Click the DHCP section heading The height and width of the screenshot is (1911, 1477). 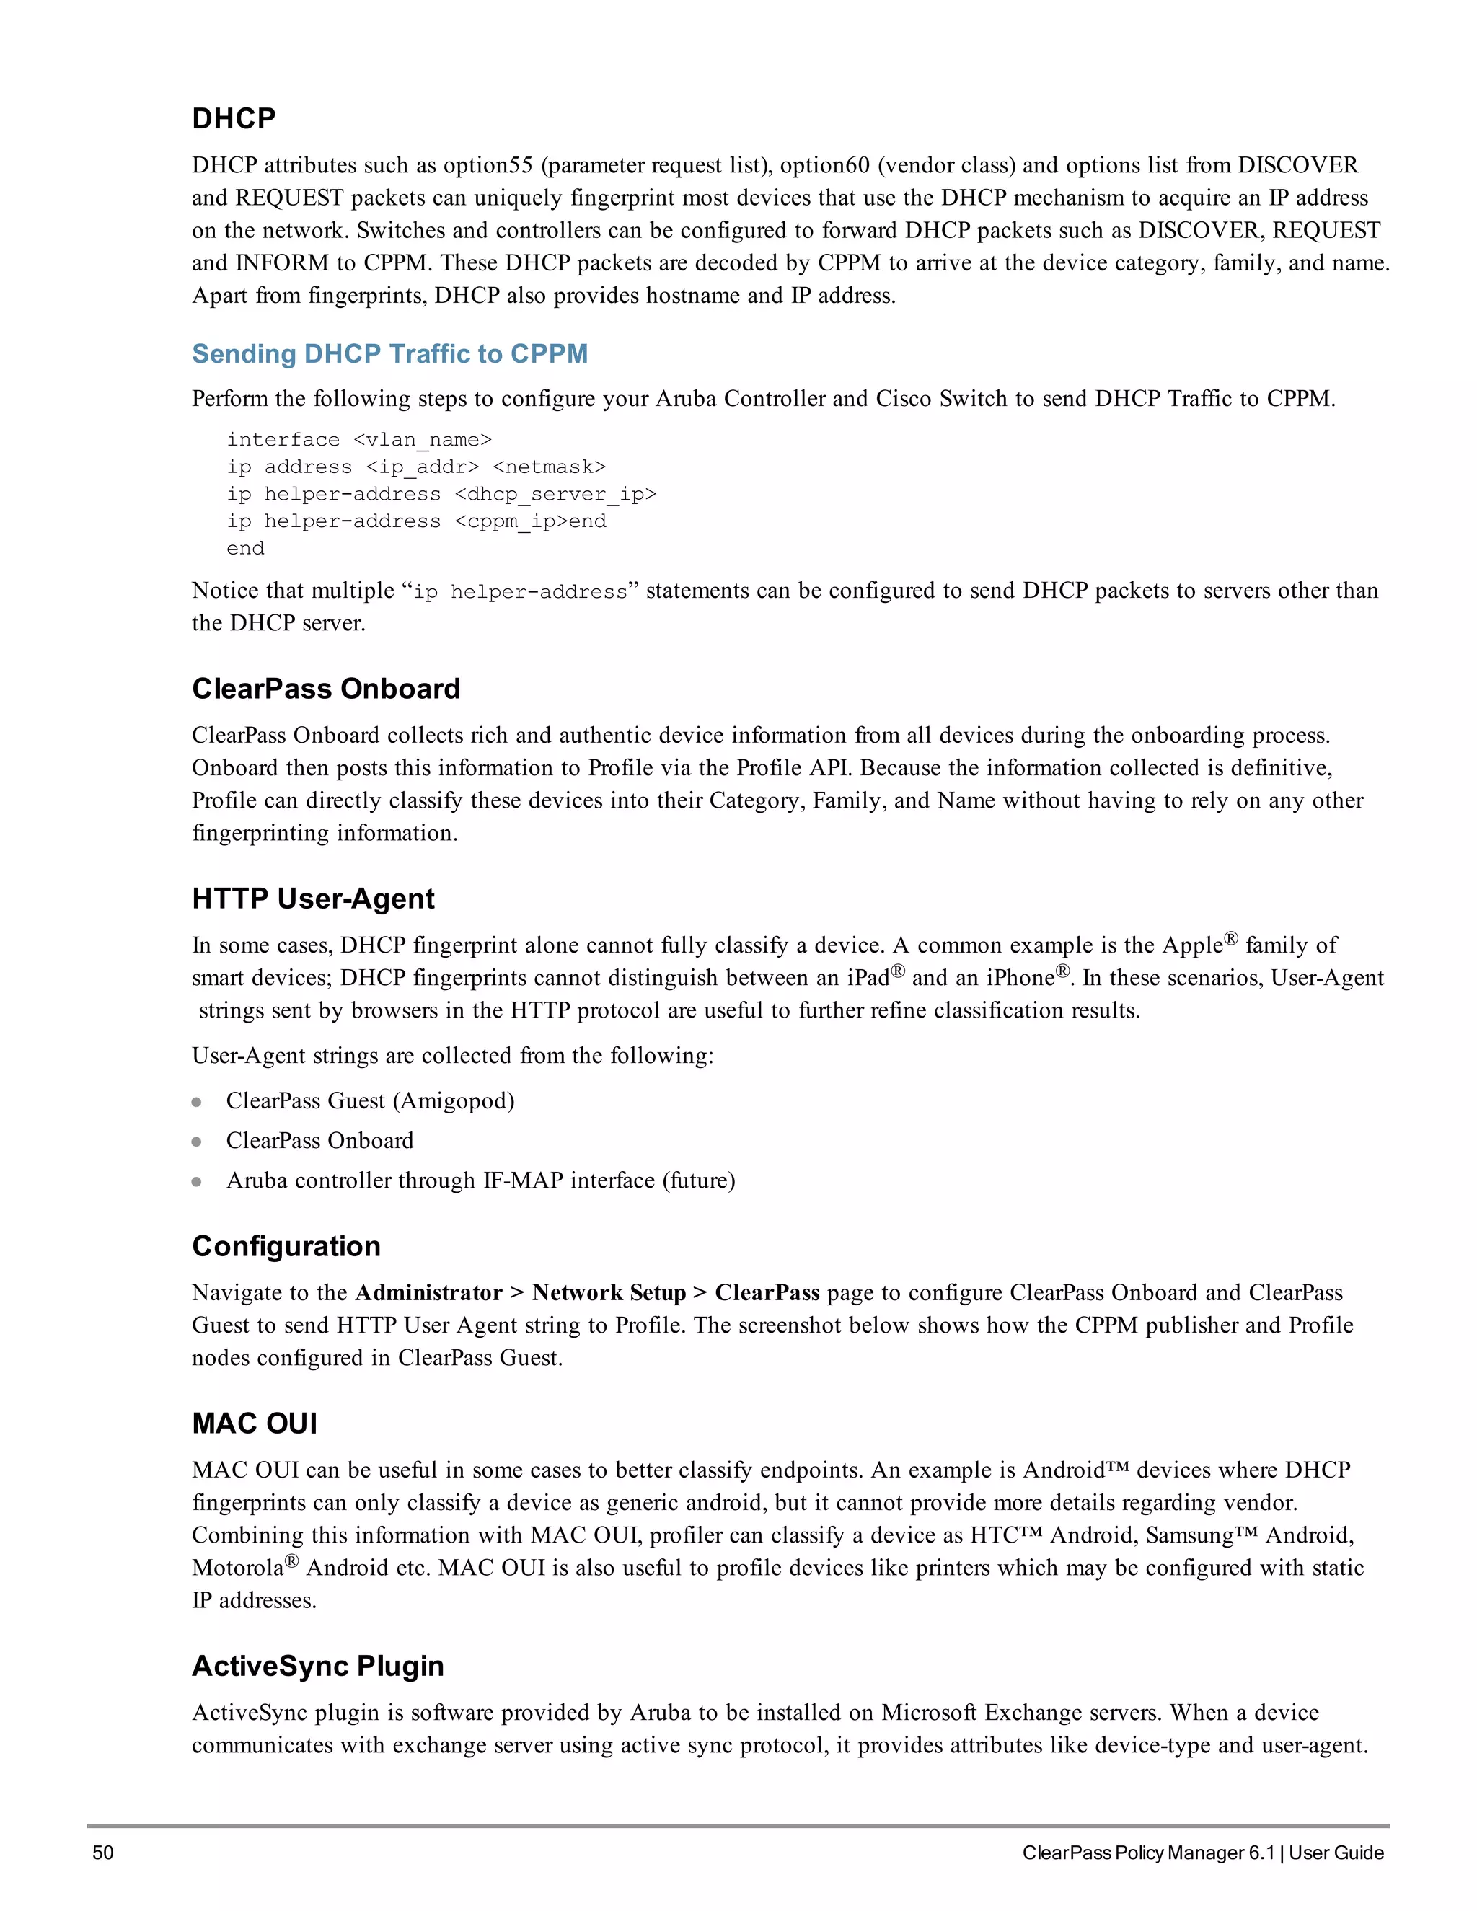coord(234,118)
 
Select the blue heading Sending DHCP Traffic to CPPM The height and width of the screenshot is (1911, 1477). coord(389,353)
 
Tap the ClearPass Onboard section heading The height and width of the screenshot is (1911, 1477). coord(325,689)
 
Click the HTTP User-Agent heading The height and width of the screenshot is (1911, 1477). coord(312,899)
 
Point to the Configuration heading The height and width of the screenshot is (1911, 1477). coord(286,1246)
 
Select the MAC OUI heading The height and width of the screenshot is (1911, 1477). coord(255,1424)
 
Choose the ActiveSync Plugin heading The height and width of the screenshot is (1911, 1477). coord(317,1666)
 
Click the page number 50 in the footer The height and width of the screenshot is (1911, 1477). coord(102,1853)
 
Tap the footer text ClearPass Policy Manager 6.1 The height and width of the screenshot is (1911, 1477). coord(1148,1853)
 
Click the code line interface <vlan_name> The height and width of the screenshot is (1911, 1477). coord(358,439)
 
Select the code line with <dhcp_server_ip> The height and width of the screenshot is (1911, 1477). coord(441,495)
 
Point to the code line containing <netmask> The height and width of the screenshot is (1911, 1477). coord(415,467)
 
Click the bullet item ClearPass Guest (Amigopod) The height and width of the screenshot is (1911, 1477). coord(370,1100)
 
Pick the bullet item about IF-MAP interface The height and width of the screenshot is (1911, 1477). coord(480,1180)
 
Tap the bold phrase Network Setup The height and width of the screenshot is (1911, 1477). coord(609,1292)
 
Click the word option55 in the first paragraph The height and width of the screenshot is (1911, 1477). coord(488,165)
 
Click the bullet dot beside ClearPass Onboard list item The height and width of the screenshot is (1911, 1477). coord(197,1142)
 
